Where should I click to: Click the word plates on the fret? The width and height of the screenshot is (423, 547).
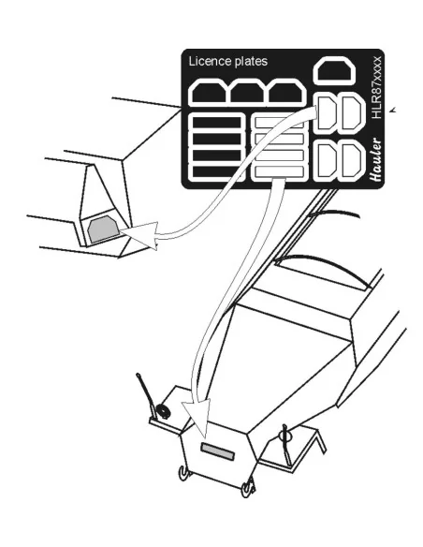point(251,62)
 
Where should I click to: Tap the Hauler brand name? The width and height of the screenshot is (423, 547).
point(375,160)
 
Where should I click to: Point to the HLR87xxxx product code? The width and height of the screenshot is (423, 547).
point(376,87)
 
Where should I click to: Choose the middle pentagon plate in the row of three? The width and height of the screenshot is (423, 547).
point(247,93)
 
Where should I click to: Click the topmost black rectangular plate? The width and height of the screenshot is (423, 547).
point(216,123)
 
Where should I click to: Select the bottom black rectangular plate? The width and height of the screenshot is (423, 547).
point(216,171)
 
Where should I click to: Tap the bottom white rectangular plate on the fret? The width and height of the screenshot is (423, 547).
point(279,171)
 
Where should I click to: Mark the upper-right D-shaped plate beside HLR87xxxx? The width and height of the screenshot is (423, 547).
point(352,114)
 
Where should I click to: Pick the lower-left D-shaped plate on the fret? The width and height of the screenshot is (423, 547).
point(326,161)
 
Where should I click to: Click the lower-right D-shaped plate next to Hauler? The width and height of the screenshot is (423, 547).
point(352,161)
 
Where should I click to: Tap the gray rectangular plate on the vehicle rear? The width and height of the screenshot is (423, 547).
point(218,451)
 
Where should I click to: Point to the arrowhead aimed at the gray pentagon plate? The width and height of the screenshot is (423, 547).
point(142,234)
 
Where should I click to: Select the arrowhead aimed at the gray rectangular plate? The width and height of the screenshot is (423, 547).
point(197,418)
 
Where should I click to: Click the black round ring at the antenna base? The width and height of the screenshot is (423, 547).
point(163,411)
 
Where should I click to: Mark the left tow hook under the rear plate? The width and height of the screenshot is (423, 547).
point(183,473)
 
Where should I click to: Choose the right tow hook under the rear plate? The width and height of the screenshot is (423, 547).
point(248,488)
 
